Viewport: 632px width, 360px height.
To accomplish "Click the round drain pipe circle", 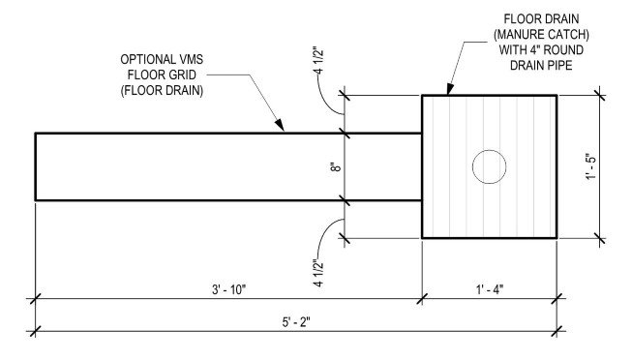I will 490,166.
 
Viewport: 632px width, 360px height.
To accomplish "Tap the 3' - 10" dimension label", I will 227,287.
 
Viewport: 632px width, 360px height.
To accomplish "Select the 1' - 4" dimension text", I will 489,287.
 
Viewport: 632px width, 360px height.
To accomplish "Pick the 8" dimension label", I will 334,166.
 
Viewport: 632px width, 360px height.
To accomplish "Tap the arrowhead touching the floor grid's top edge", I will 281,129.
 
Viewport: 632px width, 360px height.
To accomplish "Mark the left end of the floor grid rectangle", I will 37,166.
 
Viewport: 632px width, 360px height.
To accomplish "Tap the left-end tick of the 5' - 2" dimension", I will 36,330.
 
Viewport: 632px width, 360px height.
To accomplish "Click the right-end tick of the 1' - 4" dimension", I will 557,300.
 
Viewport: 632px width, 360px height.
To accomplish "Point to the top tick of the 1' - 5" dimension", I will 601,95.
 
